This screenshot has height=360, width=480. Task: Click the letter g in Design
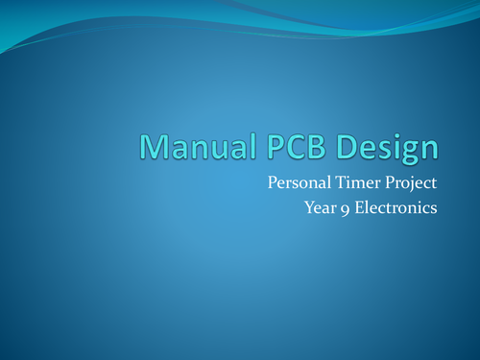coord(407,151)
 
